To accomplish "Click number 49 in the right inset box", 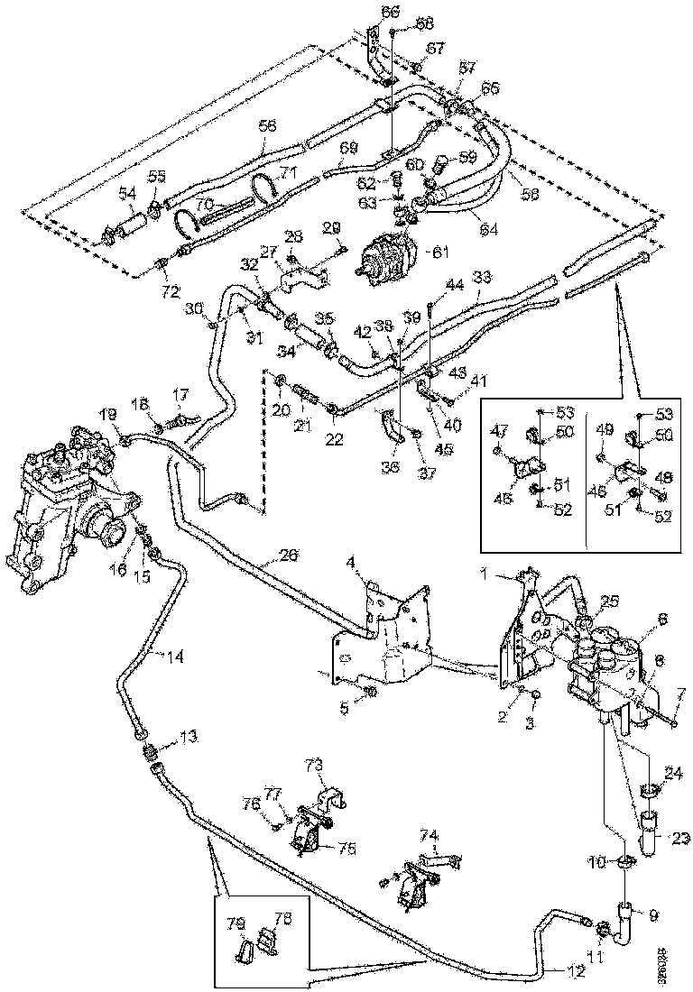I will [x=607, y=431].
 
